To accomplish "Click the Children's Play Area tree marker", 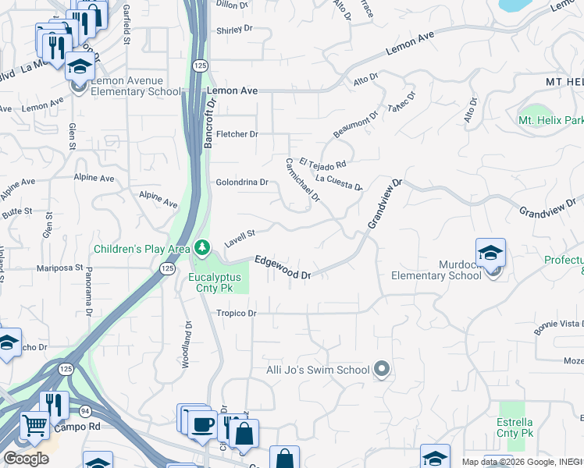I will pyautogui.click(x=202, y=248).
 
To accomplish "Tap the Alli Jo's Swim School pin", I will pyautogui.click(x=381, y=369).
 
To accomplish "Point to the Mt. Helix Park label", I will pyautogui.click(x=550, y=121).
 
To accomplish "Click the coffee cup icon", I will pyautogui.click(x=203, y=424).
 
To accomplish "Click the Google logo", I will pyautogui.click(x=26, y=459).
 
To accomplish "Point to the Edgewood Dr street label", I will pyautogui.click(x=283, y=268).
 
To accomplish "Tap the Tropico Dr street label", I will pyautogui.click(x=237, y=314).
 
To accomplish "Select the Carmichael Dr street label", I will pyautogui.click(x=302, y=180).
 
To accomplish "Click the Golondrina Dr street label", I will pyautogui.click(x=242, y=183).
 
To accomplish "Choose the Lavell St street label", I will pyautogui.click(x=240, y=236).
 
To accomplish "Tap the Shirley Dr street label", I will pyautogui.click(x=234, y=29).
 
